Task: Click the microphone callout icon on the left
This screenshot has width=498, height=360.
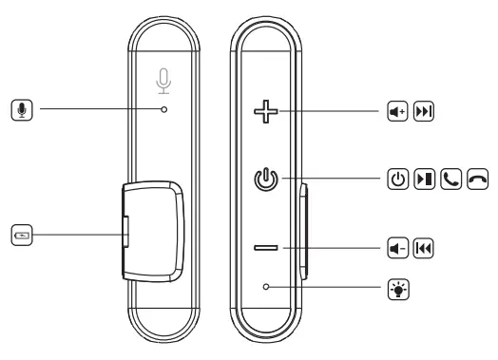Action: coord(23,110)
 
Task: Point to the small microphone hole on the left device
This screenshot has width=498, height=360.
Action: coord(164,110)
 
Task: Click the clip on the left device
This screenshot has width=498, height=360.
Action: coord(152,231)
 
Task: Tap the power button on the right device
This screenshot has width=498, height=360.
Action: coord(268,180)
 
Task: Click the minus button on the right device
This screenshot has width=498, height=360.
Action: coord(268,249)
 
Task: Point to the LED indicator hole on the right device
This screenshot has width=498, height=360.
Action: coord(268,284)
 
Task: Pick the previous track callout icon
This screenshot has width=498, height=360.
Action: coord(421,249)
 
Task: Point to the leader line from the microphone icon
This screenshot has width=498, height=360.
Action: coord(95,110)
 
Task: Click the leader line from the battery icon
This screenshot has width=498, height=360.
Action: coord(76,231)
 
